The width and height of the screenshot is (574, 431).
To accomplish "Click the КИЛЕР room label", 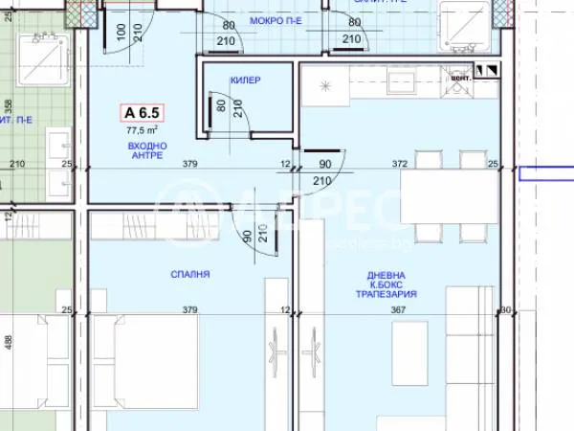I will pos(245,81).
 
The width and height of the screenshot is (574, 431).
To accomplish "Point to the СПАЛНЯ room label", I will pos(191,274).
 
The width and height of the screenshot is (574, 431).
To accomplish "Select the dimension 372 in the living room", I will pos(400,165).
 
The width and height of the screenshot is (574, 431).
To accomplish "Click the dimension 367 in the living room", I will pos(397,308).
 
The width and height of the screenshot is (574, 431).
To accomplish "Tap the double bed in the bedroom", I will pos(143,354).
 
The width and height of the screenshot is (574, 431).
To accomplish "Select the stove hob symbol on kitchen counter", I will pos(324,86).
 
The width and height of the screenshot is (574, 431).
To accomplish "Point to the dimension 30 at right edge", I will pos(506,308).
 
